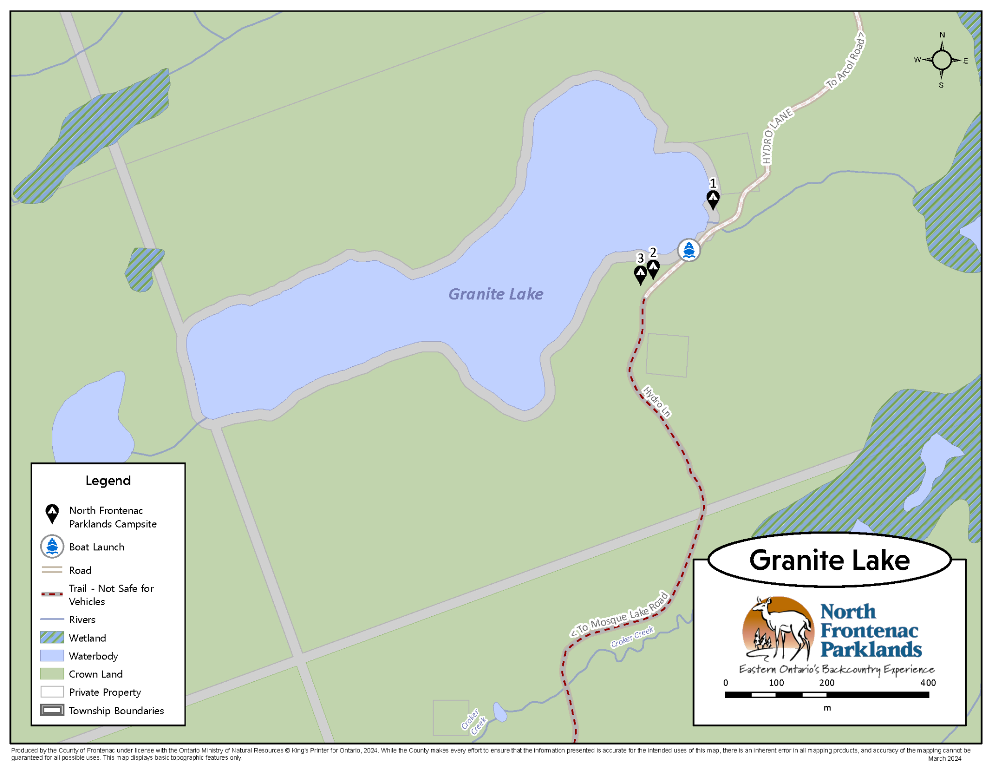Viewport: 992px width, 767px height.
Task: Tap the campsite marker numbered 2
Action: click(653, 268)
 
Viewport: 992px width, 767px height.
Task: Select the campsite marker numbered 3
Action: click(640, 274)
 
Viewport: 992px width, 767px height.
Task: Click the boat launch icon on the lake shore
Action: click(688, 250)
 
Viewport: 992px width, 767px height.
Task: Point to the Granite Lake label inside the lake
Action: click(496, 294)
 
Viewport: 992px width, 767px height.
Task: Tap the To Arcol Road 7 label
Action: click(846, 61)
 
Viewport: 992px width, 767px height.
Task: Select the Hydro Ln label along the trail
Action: click(657, 401)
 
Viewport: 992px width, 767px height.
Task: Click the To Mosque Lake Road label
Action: click(620, 614)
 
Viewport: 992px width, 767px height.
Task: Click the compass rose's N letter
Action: click(942, 35)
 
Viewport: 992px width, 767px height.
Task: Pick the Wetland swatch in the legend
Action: click(52, 638)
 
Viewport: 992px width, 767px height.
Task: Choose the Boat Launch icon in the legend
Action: click(52, 547)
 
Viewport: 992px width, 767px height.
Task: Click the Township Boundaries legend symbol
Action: click(52, 710)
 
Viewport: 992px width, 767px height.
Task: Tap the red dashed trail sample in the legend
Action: click(52, 594)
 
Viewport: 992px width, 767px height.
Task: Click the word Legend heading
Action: click(108, 481)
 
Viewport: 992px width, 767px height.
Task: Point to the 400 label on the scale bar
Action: click(928, 683)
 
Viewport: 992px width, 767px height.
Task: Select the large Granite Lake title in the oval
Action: click(829, 560)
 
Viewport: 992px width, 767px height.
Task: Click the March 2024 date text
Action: click(945, 759)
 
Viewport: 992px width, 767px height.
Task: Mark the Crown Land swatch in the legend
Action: click(52, 674)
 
